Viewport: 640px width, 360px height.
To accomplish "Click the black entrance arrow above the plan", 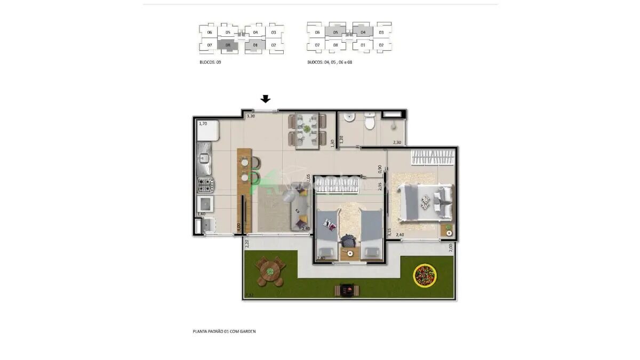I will coord(266,99).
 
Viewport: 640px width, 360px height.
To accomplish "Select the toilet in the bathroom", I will coord(369,123).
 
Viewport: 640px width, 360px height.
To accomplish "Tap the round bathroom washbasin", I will coord(350,117).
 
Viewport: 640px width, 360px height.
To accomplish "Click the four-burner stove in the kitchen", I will coord(206,185).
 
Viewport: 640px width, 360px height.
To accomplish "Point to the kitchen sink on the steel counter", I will coord(204,158).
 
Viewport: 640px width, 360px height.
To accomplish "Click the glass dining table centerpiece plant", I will coord(307,129).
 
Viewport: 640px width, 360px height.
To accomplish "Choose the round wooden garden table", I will coord(270,271).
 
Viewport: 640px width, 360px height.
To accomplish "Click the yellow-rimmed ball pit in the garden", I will coord(425,275).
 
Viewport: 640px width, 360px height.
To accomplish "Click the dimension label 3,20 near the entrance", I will coord(250,116).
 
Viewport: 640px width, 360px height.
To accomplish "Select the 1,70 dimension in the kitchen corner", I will coord(203,124).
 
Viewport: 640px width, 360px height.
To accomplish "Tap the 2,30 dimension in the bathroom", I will coord(397,142).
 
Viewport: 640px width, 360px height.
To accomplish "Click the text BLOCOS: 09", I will coord(210,62).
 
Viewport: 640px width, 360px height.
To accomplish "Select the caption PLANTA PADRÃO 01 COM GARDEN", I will coord(224,331).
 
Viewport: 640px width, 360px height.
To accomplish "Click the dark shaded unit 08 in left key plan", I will coord(228,45).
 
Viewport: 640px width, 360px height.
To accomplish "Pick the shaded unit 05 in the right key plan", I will coord(335,33).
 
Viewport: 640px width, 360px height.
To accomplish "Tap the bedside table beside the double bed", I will coord(447,230).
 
